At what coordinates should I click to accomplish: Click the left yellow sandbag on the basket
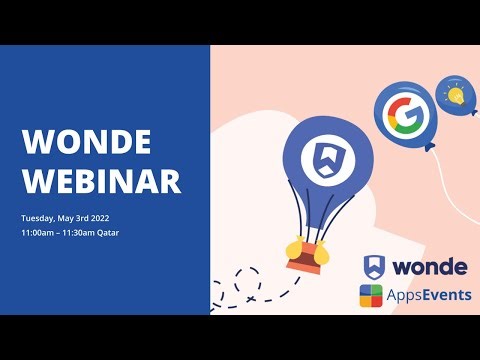point(294,247)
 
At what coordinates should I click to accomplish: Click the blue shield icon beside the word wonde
point(375,267)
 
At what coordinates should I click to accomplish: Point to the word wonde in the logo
point(428,268)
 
